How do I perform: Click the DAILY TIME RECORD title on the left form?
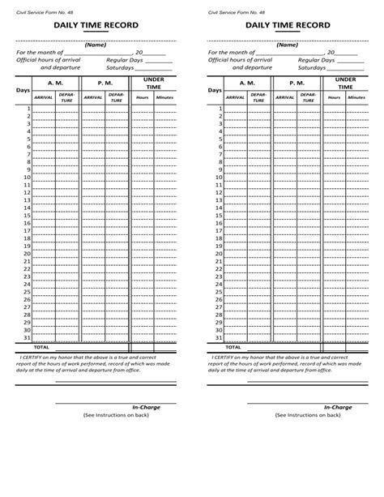click(x=90, y=26)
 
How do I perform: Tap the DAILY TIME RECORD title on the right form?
click(x=282, y=26)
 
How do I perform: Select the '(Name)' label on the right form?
click(x=288, y=45)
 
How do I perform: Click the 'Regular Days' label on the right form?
click(x=315, y=60)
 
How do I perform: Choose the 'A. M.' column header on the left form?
click(x=55, y=83)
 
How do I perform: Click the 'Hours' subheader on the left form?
click(x=143, y=96)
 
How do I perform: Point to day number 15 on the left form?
click(x=26, y=216)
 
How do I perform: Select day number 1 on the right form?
click(x=220, y=109)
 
